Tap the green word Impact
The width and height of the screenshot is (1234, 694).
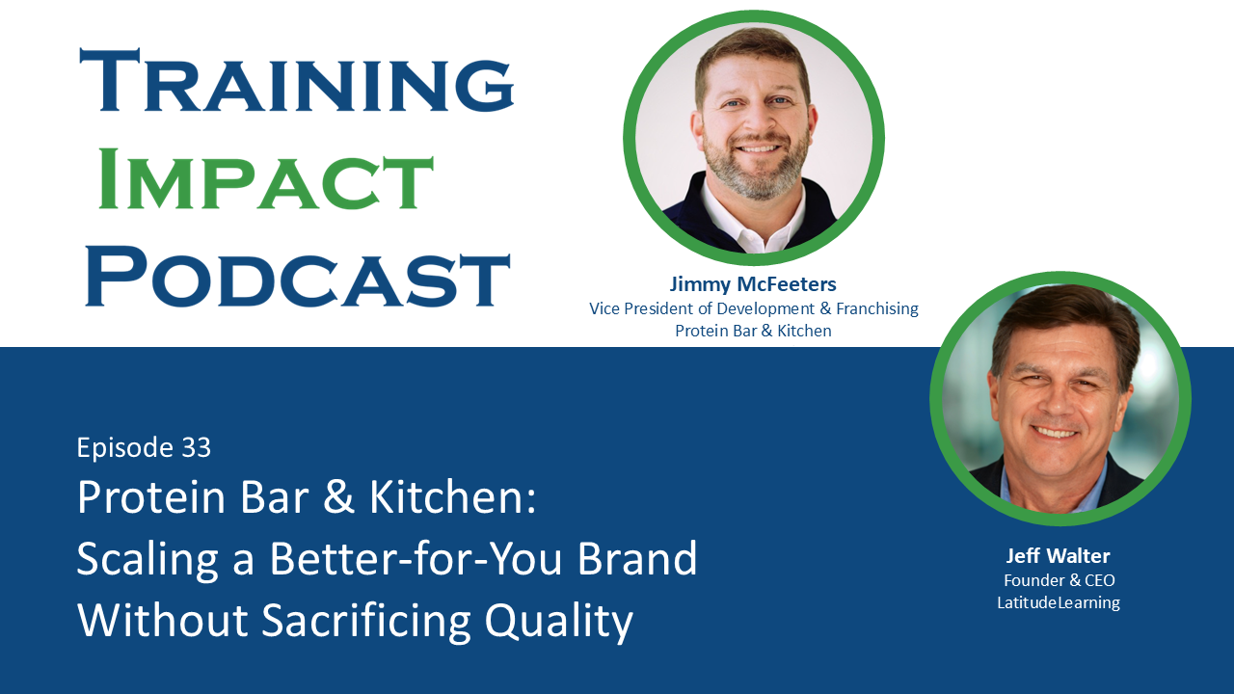[x=266, y=179]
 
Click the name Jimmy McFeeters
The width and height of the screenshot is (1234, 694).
[x=753, y=284]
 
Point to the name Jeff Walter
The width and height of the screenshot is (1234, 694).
[x=1059, y=556]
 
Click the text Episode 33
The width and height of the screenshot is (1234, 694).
[x=144, y=447]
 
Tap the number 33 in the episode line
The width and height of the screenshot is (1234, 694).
[x=196, y=447]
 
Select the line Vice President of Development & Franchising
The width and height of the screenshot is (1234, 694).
[x=753, y=309]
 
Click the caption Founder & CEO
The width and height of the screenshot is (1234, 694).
[x=1059, y=580]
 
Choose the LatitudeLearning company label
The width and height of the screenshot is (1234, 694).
[x=1059, y=603]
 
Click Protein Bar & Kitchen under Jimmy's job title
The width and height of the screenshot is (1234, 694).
[x=753, y=332]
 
